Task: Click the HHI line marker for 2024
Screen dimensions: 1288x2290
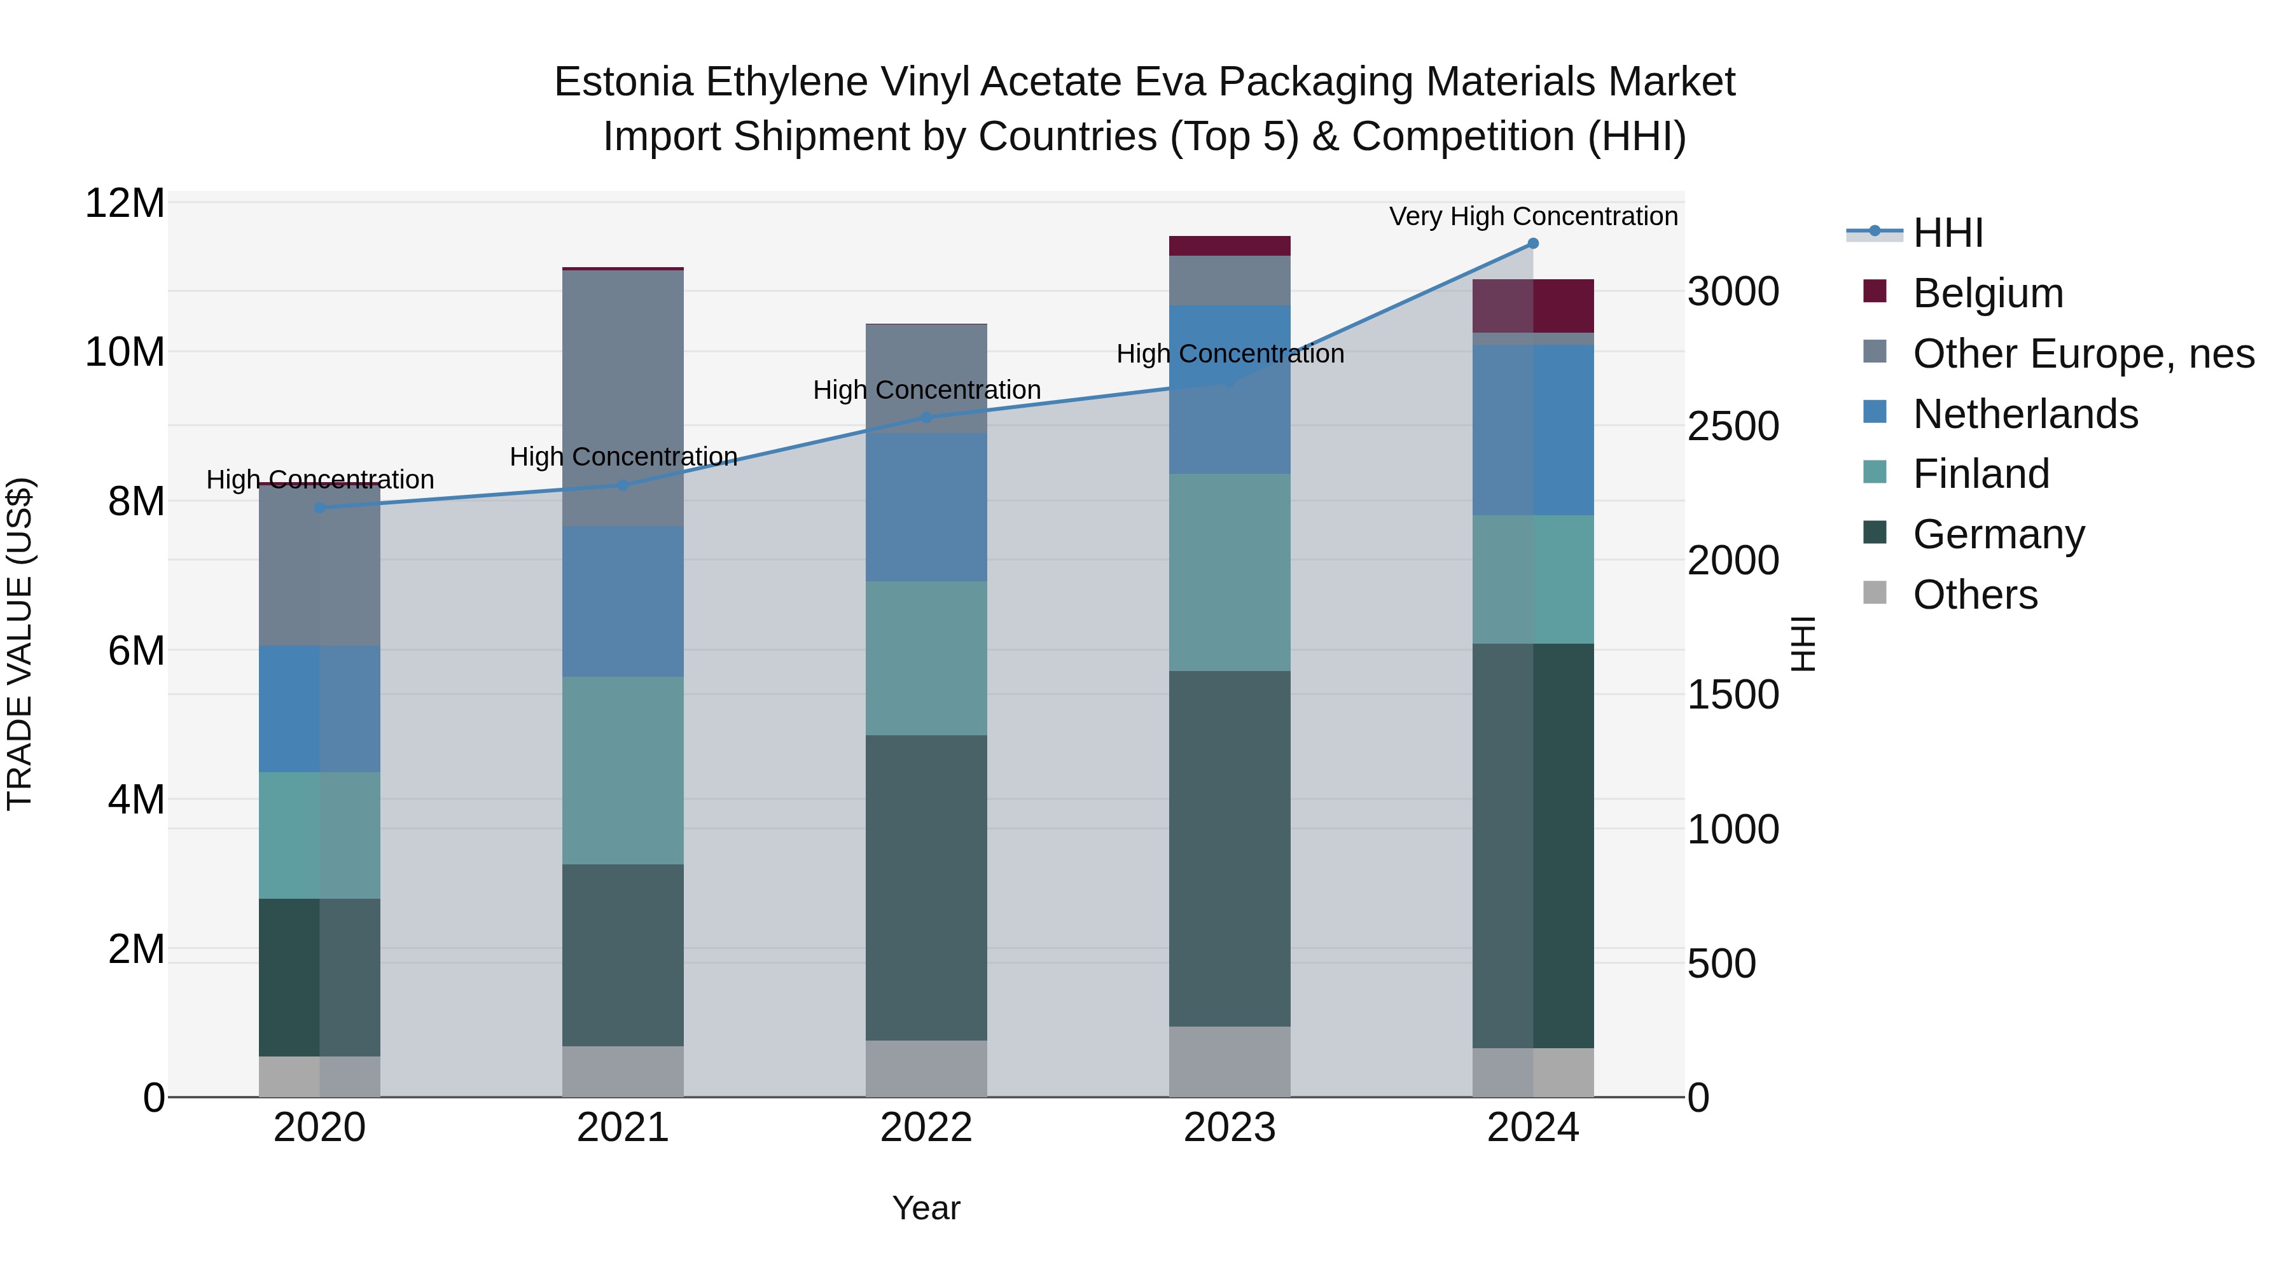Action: [x=1532, y=244]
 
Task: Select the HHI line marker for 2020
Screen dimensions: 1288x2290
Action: [x=320, y=508]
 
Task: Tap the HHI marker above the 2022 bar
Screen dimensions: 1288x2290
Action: [x=926, y=418]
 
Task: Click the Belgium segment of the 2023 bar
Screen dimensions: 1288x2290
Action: [x=1230, y=246]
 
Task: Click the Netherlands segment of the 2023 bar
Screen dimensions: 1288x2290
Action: [x=1230, y=389]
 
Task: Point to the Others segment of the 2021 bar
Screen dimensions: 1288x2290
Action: [x=623, y=1071]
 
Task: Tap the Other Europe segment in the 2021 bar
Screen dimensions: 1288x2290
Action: [x=623, y=398]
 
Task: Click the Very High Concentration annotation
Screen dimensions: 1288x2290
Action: [x=1532, y=216]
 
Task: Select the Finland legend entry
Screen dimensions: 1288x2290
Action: [x=1981, y=474]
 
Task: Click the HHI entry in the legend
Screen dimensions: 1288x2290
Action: [x=1947, y=233]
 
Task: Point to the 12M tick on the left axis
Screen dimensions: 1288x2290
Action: [x=125, y=204]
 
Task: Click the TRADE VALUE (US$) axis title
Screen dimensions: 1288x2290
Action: [x=20, y=644]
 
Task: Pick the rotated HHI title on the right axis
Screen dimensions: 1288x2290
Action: [x=1803, y=644]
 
